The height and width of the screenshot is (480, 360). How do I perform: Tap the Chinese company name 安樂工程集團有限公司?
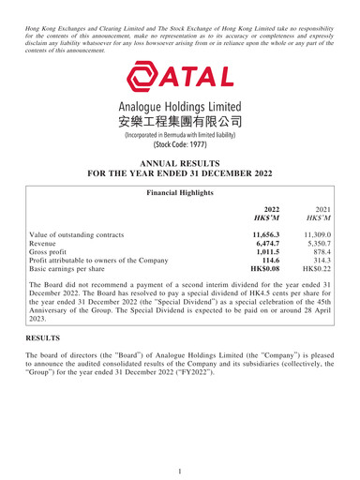(x=180, y=122)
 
